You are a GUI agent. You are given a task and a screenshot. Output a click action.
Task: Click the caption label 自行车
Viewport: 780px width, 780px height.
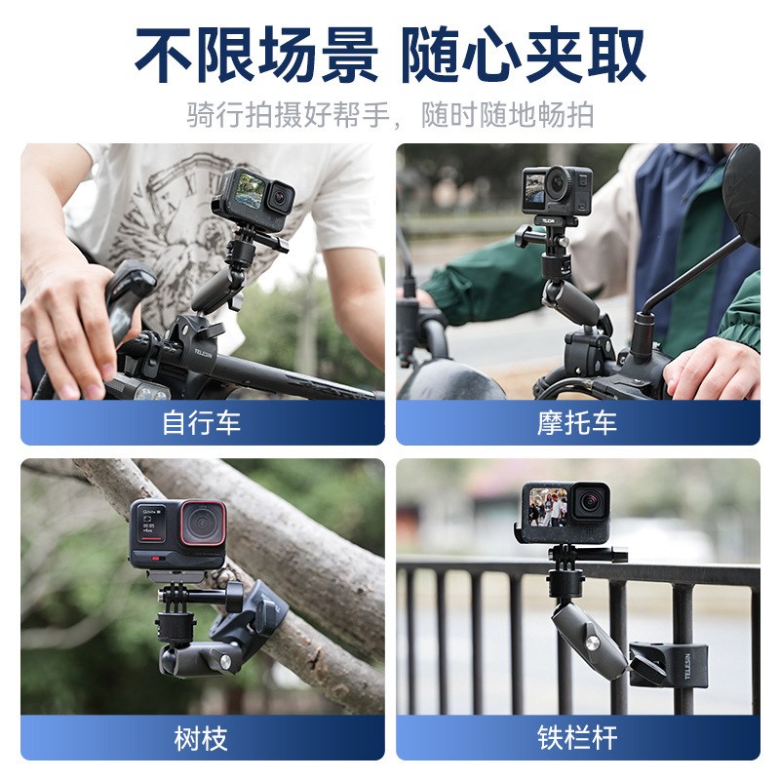pos(202,423)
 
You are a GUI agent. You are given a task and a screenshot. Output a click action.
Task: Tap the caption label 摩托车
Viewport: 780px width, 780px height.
pos(577,423)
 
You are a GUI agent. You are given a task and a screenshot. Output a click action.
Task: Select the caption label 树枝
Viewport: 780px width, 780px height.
pos(202,738)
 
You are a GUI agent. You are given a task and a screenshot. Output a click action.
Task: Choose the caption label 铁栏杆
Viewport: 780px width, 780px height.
pos(577,738)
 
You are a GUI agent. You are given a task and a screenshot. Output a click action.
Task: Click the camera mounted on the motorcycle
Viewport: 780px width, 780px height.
pos(557,190)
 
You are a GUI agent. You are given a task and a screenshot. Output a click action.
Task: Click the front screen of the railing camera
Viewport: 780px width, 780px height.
pos(548,507)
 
